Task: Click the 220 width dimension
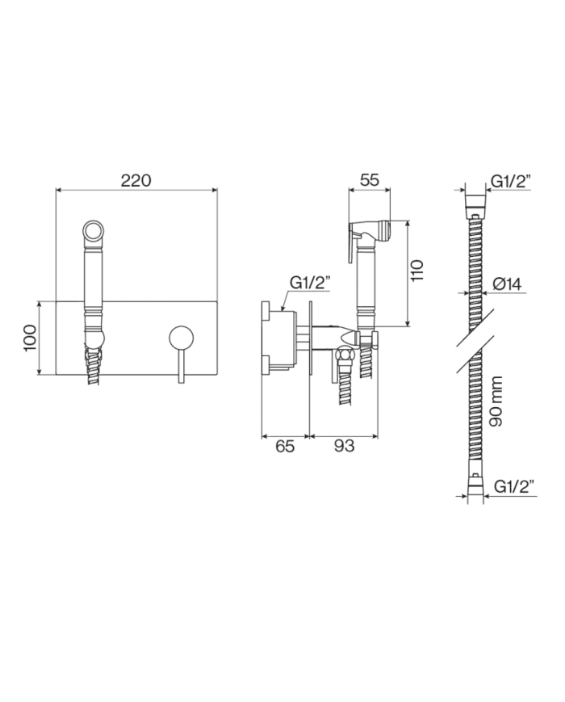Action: point(136,180)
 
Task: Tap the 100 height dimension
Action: point(30,338)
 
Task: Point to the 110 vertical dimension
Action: point(416,271)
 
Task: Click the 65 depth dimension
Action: point(285,446)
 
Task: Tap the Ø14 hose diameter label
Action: point(507,284)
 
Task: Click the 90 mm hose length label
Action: point(496,401)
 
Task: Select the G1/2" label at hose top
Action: point(511,181)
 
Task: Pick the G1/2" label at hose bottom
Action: point(515,486)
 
